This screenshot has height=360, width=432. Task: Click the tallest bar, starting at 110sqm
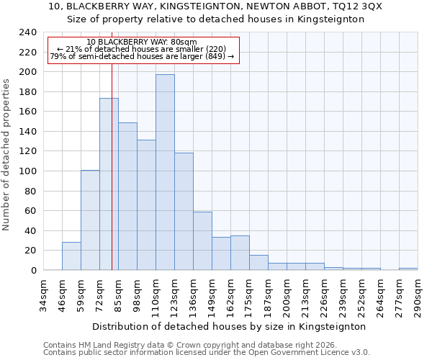165,173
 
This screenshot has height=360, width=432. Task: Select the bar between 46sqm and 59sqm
71,256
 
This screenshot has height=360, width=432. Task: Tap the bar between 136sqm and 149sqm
202,241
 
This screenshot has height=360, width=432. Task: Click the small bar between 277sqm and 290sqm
408,269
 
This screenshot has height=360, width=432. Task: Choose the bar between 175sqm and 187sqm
258,263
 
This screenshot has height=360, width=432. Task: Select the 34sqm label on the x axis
44,295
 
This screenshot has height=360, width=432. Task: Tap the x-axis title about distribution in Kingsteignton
229,326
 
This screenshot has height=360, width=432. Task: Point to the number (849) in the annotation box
213,57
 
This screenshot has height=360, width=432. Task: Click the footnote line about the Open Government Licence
207,352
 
